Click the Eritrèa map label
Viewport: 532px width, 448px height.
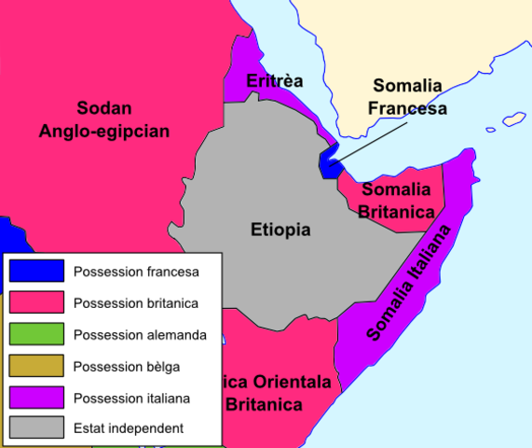coord(275,81)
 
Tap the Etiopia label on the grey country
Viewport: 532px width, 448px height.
coord(280,230)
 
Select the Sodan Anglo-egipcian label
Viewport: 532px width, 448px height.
coord(104,119)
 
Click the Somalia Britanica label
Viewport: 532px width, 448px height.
coord(397,202)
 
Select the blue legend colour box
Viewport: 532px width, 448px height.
coord(37,271)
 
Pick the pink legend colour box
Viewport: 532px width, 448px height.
coord(37,302)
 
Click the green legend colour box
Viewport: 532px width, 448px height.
coord(37,334)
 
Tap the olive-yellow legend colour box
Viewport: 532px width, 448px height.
coord(37,366)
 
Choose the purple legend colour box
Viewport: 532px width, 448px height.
coord(37,398)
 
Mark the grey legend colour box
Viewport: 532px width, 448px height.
coord(37,429)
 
